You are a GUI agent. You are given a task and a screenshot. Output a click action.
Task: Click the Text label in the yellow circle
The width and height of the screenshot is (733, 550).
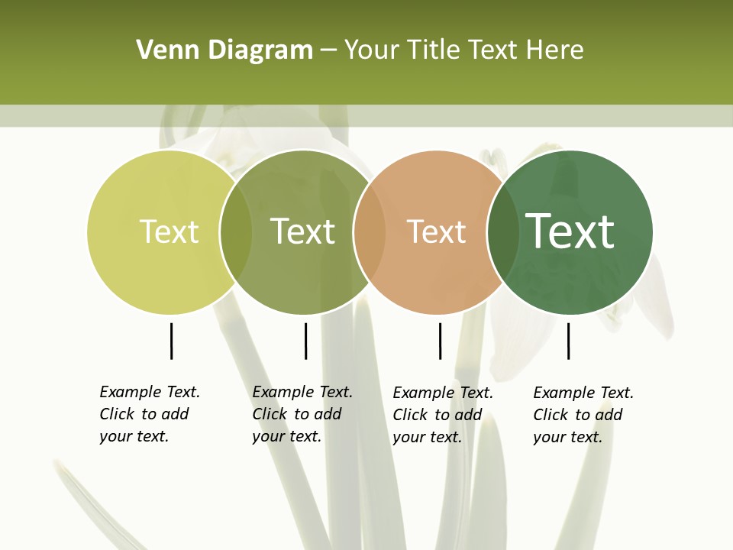[169, 231]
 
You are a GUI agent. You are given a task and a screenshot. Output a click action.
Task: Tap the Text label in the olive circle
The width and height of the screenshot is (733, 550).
[303, 231]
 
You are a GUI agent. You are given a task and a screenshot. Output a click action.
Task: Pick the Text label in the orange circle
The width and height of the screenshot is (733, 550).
[436, 231]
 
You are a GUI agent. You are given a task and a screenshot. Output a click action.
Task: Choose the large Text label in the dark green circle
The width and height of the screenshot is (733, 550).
[570, 231]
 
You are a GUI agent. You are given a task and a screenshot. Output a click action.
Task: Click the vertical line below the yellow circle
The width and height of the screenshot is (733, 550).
[171, 341]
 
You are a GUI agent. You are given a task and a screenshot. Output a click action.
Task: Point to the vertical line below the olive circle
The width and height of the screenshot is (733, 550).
[305, 341]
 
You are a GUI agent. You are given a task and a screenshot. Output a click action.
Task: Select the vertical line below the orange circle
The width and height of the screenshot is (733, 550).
[440, 341]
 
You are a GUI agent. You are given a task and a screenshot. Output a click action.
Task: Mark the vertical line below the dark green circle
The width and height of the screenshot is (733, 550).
[568, 341]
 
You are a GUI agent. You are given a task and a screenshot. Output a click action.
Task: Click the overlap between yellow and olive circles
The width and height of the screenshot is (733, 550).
[236, 232]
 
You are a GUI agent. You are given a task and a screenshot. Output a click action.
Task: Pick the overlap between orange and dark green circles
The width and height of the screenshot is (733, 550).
[500, 232]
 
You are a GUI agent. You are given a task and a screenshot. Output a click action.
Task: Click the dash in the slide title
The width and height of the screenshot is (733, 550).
[328, 51]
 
